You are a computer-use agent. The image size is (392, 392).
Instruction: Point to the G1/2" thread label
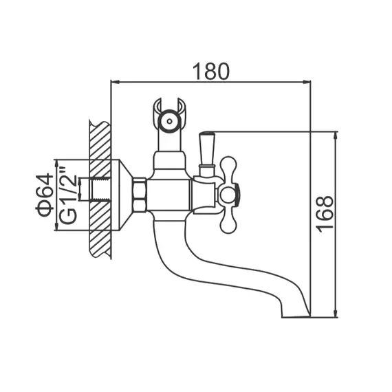[x=67, y=195]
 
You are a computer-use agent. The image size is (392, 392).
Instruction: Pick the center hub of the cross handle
[x=230, y=195]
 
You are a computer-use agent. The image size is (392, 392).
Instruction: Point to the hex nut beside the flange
[x=140, y=195]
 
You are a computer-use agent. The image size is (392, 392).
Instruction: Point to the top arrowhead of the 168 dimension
[x=336, y=134]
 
